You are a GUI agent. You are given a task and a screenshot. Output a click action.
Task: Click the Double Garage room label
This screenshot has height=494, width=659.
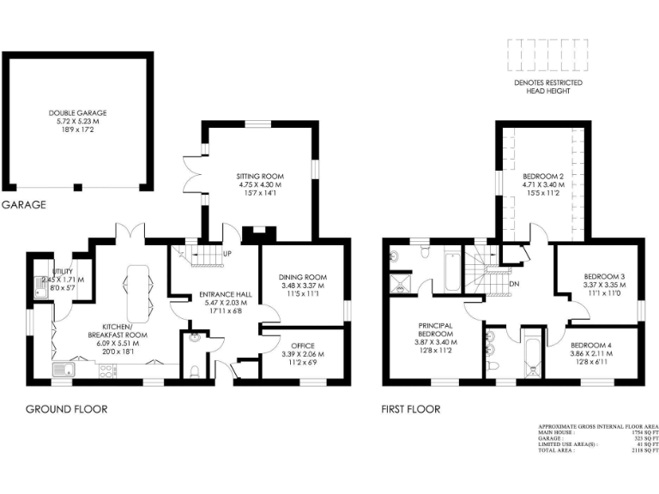76,111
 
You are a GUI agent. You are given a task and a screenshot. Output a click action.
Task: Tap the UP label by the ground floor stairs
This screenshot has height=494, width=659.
227,255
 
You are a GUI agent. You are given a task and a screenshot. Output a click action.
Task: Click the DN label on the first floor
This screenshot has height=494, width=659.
514,285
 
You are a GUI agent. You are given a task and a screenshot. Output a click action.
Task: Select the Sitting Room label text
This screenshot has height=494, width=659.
259,176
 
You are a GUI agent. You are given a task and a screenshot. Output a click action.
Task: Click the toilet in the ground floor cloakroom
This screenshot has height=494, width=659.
195,370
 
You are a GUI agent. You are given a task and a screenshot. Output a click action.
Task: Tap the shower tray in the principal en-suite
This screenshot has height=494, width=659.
398,283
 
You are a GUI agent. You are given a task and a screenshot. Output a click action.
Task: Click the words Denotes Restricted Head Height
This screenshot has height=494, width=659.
547,86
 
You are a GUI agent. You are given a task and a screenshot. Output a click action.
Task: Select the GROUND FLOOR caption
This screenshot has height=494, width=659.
66,409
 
